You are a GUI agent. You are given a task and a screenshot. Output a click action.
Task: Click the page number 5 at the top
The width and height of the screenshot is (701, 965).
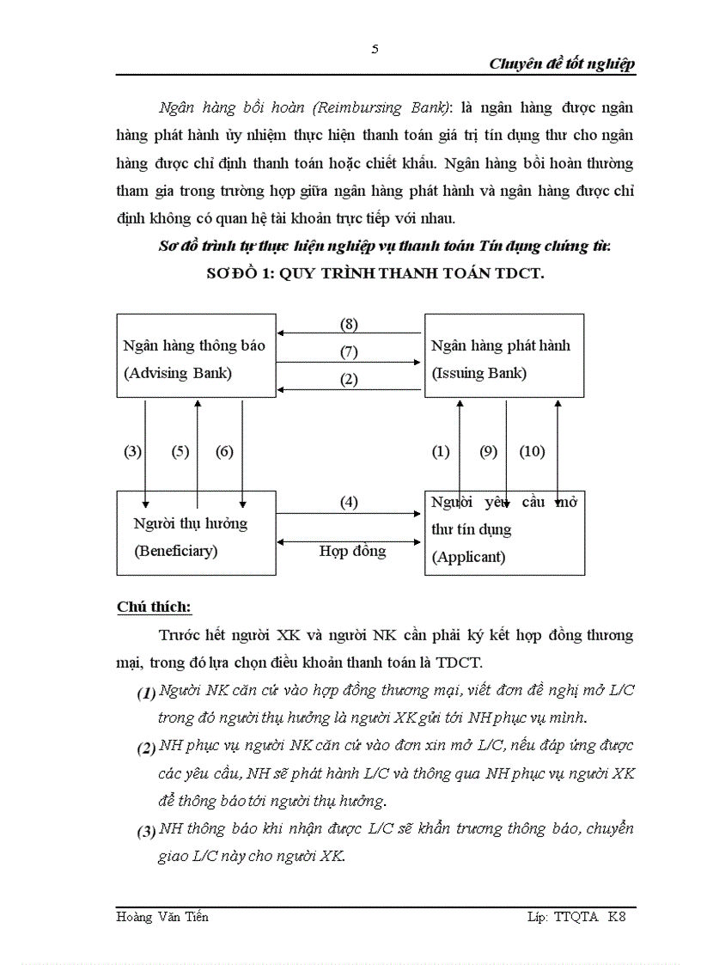(375, 48)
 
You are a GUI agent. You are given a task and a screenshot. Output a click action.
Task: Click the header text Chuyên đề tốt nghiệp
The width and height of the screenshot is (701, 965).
(562, 64)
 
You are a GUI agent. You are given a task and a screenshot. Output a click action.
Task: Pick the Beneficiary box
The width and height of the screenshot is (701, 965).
(196, 533)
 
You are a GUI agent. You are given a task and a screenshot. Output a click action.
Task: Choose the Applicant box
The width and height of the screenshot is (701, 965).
(503, 533)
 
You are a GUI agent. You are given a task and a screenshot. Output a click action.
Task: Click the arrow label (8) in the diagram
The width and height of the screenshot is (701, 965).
(348, 325)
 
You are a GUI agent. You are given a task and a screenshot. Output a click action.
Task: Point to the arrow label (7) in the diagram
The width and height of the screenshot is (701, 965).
(348, 351)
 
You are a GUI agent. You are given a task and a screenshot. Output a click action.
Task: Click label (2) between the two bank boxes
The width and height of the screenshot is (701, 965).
(348, 379)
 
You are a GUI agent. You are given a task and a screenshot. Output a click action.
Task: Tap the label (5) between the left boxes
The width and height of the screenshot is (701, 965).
(180, 451)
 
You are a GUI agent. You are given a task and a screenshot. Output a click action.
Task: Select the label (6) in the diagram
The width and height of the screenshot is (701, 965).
(224, 451)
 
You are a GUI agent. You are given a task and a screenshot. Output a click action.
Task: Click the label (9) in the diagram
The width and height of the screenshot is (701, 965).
(489, 451)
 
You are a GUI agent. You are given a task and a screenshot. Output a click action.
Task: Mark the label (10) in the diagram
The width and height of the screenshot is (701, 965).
(533, 451)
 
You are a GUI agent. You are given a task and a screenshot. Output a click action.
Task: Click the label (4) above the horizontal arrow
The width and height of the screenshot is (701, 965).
(348, 503)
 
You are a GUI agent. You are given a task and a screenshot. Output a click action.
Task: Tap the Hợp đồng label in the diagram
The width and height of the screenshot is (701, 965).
(352, 551)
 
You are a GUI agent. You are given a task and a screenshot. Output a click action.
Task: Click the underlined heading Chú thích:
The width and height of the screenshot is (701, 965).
(154, 608)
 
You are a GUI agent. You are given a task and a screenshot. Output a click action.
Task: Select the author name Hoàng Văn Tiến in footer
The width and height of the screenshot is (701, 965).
(162, 917)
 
